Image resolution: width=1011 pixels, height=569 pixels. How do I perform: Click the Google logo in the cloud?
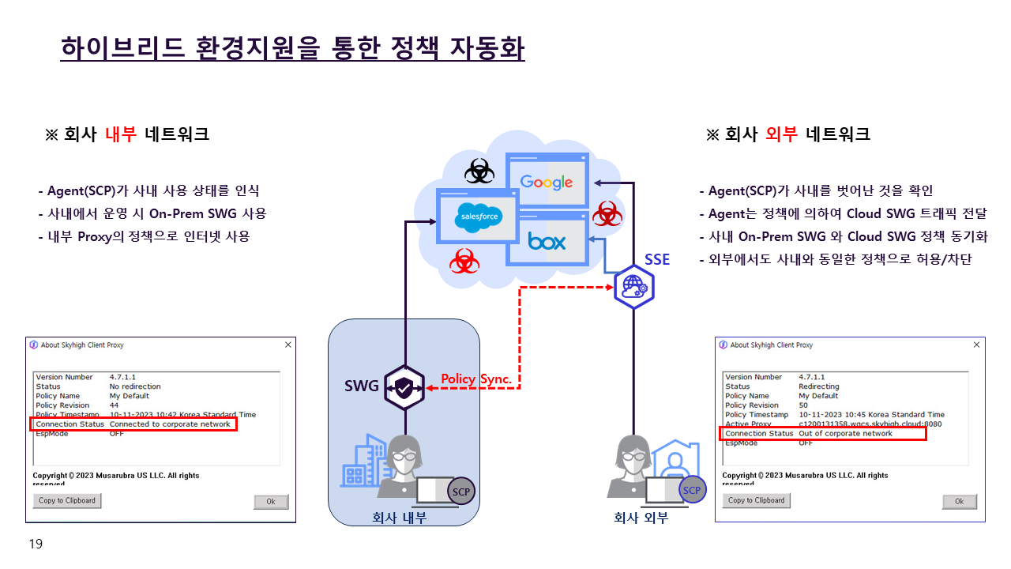pyautogui.click(x=547, y=183)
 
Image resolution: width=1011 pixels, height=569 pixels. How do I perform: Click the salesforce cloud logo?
pyautogui.click(x=479, y=217)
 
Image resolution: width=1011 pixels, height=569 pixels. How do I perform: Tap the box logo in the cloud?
pyautogui.click(x=547, y=241)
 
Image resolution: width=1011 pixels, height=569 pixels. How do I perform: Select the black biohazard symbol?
pyautogui.click(x=478, y=170)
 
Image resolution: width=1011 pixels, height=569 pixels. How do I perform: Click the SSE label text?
pyautogui.click(x=657, y=259)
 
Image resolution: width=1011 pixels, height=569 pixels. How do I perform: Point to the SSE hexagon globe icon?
pyautogui.click(x=634, y=286)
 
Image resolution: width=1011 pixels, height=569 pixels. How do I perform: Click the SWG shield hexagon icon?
pyautogui.click(x=404, y=387)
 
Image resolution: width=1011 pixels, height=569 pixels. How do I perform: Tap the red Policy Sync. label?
pyautogui.click(x=476, y=379)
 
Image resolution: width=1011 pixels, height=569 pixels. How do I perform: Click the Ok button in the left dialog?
pyautogui.click(x=270, y=502)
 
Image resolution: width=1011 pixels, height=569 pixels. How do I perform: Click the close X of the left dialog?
pyautogui.click(x=288, y=345)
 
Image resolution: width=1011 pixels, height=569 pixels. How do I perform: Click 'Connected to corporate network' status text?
pyautogui.click(x=170, y=424)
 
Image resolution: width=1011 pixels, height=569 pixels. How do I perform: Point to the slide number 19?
pyautogui.click(x=36, y=544)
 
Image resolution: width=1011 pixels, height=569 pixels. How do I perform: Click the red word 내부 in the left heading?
pyautogui.click(x=121, y=134)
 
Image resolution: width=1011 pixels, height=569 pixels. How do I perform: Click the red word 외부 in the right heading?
pyautogui.click(x=782, y=134)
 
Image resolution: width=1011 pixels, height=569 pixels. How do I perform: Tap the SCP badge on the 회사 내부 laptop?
pyautogui.click(x=461, y=492)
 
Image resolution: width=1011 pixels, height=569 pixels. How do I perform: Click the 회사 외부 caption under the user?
pyautogui.click(x=641, y=518)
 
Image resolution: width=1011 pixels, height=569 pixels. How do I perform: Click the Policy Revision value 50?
pyautogui.click(x=803, y=405)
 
